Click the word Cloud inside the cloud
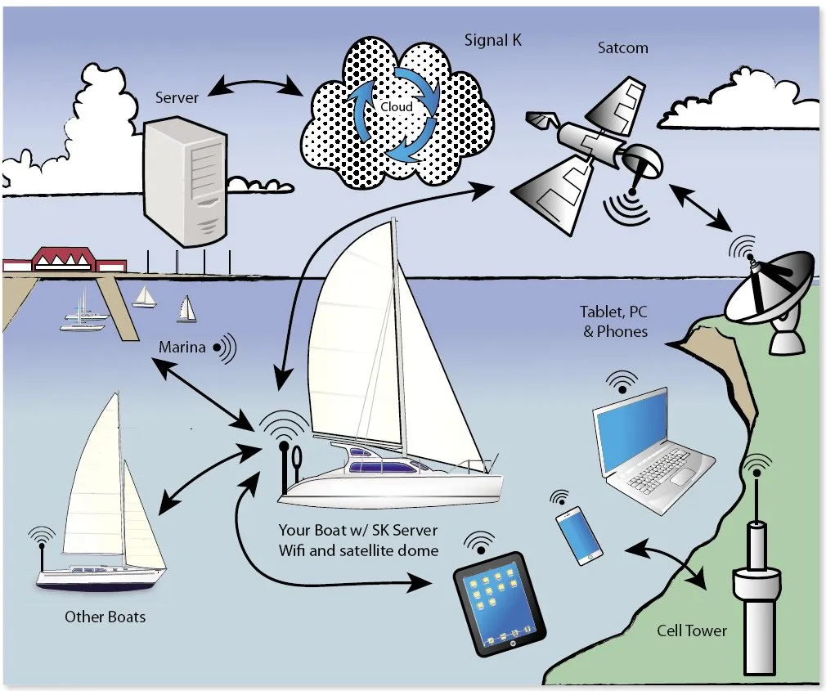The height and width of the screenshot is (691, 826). pos(397,107)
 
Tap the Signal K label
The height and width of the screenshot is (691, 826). pos(494,40)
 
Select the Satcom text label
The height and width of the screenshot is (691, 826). pos(622,47)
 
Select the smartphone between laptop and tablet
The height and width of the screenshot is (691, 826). pos(579,535)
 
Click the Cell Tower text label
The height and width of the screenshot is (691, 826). pos(691,630)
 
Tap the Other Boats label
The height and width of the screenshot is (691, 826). pos(105,616)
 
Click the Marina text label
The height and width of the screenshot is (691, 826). pos(182,348)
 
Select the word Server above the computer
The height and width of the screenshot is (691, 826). pos(177,97)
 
